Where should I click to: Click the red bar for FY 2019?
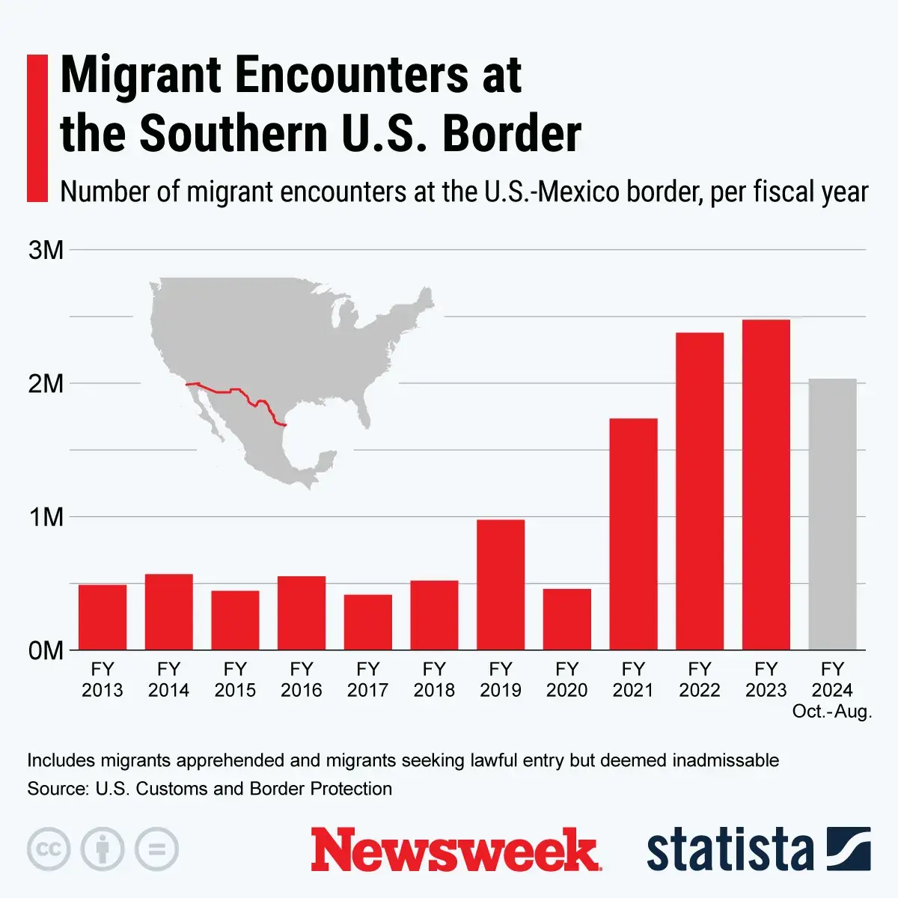tap(501, 584)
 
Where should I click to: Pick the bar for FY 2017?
tap(367, 622)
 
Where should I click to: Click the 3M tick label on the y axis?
tap(46, 250)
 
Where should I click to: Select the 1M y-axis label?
tap(46, 517)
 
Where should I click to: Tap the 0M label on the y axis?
tap(46, 650)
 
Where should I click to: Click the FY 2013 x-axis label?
tap(103, 679)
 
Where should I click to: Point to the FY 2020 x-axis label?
tap(566, 679)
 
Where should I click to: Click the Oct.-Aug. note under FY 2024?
tap(832, 711)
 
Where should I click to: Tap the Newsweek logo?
tap(455, 850)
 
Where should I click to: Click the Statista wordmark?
tap(730, 850)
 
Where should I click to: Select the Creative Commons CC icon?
tap(49, 849)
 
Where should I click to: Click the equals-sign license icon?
tap(156, 849)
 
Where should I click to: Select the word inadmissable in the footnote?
tap(725, 760)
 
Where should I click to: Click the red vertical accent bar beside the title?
tap(37, 128)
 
